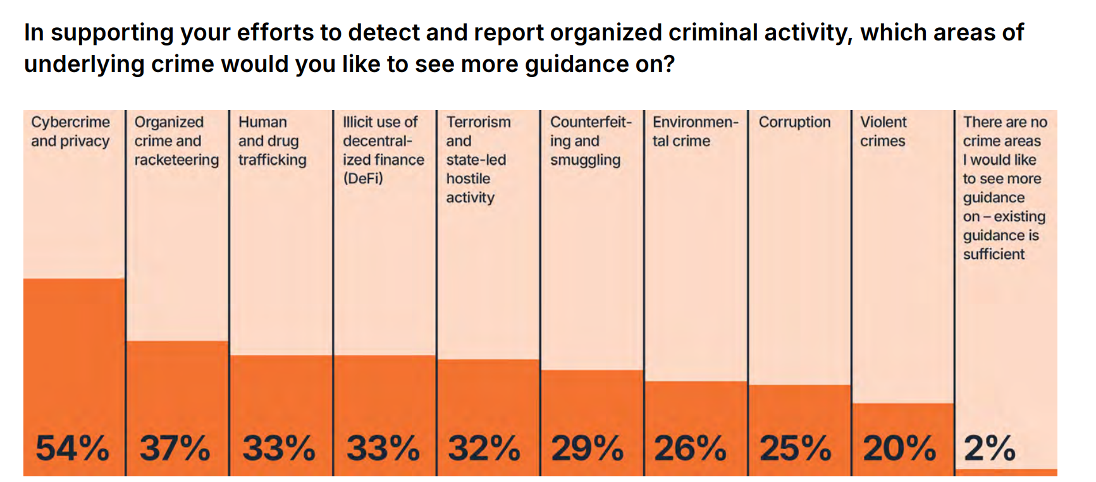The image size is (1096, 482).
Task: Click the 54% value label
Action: pos(72,449)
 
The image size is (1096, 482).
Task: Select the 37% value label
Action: pos(175,449)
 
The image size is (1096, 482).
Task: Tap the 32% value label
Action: pos(484,449)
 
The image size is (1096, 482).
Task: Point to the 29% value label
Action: pos(588,449)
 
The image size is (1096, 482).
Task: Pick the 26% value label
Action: pos(691,449)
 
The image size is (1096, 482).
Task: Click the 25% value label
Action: pos(795,449)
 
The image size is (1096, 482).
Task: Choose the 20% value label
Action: pos(899,449)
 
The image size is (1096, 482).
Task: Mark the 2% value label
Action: pos(990,449)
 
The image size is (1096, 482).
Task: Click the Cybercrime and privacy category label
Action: pos(70,131)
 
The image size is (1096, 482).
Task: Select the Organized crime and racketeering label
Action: pos(176,141)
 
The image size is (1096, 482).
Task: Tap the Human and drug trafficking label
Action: pos(272,141)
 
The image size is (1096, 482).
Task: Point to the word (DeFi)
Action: pos(363,179)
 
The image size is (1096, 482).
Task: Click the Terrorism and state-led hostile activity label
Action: pos(478,160)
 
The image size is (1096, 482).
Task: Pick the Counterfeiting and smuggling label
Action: pos(590,141)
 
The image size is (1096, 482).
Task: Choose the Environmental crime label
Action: pos(695,131)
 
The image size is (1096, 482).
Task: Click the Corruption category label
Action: pos(794,122)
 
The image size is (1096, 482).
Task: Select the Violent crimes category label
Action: pos(883,131)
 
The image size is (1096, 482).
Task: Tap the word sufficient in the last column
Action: pos(994,255)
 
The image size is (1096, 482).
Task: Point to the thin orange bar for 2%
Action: pos(1006,472)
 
